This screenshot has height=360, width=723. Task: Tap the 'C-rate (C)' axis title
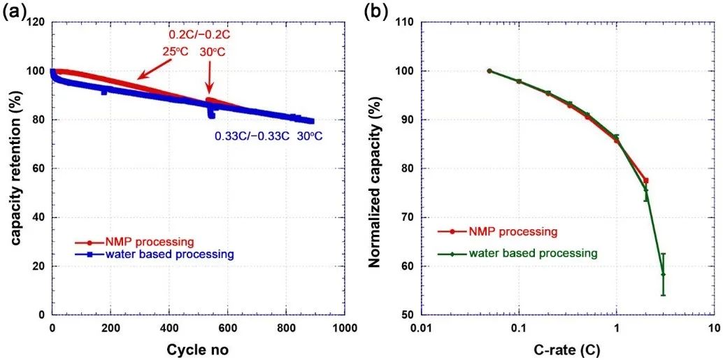(x=568, y=347)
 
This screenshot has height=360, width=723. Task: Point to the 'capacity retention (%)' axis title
(x=15, y=168)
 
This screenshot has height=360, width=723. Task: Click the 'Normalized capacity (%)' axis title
(x=375, y=168)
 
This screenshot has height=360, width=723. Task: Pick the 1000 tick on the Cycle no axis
(x=343, y=328)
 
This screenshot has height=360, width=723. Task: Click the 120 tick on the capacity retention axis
(x=36, y=22)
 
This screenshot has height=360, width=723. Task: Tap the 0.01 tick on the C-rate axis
(x=421, y=328)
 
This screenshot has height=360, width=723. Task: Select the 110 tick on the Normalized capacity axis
(x=405, y=22)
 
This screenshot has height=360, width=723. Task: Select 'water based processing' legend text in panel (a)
(x=170, y=254)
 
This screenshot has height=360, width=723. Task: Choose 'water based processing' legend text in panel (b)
(x=534, y=253)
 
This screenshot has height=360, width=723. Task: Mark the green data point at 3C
(x=663, y=274)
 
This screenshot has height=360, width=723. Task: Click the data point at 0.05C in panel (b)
(x=489, y=71)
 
